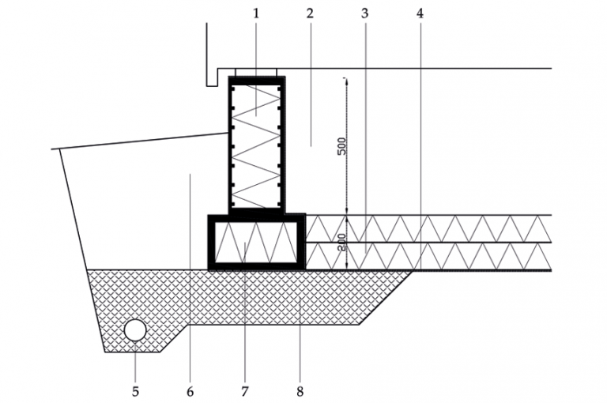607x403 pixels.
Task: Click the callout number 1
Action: (255, 13)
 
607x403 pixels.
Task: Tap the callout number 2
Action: (309, 13)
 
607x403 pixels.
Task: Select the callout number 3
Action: (364, 13)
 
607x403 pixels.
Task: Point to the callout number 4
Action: (420, 13)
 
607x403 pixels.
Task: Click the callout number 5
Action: (135, 391)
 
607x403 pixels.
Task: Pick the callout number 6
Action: (190, 391)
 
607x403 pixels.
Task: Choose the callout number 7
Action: (244, 391)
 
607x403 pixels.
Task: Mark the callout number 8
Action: (300, 391)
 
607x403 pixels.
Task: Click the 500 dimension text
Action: (341, 146)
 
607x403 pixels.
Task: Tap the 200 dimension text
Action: (341, 243)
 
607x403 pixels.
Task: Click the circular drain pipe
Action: (135, 330)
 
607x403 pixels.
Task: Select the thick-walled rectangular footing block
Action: (257, 243)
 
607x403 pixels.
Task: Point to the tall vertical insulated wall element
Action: (257, 145)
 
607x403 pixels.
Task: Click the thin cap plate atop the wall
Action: (256, 73)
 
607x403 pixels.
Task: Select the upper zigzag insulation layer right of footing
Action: (428, 229)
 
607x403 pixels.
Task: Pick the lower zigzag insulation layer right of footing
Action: (428, 256)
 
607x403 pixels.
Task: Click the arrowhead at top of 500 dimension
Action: (346, 81)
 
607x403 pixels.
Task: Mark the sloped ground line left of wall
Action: (140, 141)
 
